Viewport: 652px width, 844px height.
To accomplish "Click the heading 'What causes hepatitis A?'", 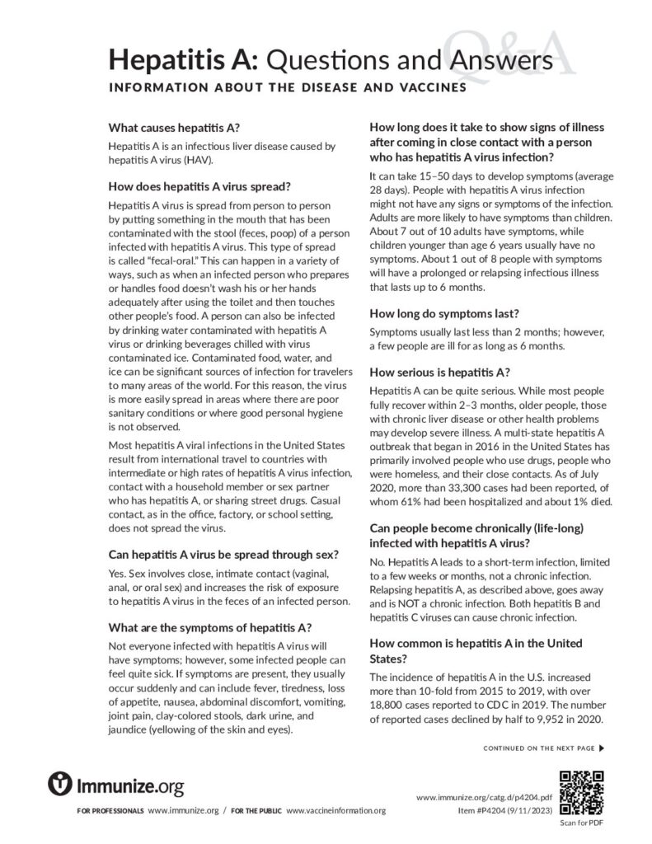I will (x=174, y=128).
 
